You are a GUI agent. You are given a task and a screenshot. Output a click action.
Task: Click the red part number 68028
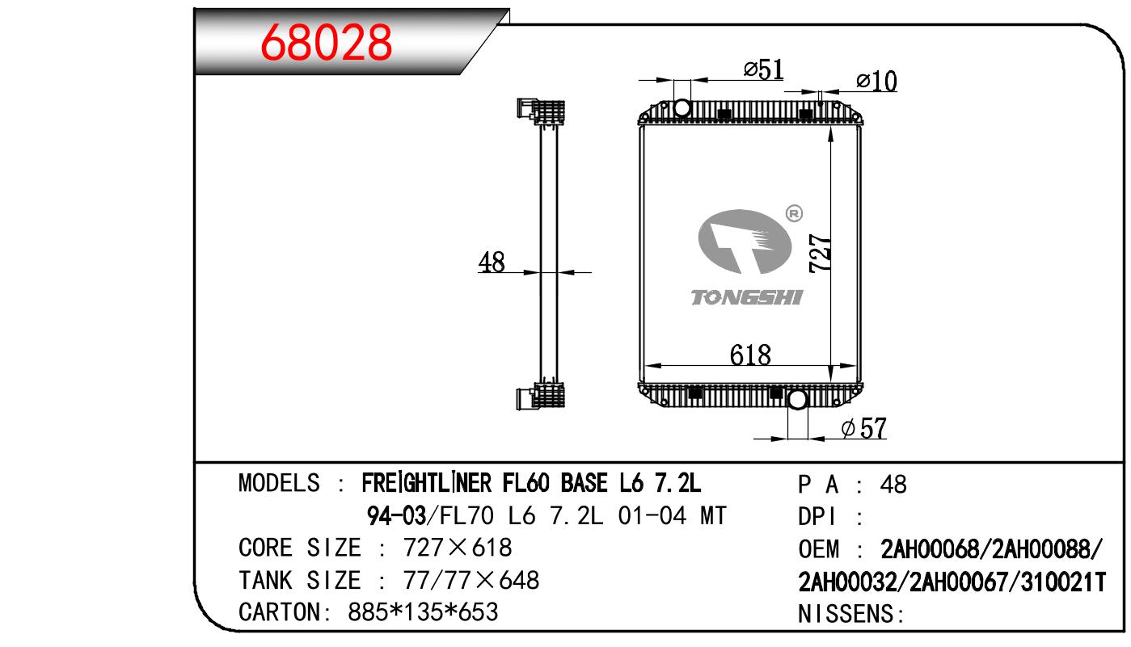(x=326, y=42)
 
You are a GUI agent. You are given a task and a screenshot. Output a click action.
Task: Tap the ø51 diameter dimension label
(x=763, y=69)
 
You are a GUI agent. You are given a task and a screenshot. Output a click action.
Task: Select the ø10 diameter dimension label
(x=876, y=82)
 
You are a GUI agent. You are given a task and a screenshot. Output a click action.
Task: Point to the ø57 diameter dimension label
(x=864, y=429)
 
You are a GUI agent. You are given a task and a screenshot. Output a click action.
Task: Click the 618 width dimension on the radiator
(x=750, y=355)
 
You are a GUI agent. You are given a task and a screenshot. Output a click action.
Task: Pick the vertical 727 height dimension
(x=820, y=253)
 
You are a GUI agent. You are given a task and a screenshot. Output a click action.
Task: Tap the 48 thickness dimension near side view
(x=492, y=263)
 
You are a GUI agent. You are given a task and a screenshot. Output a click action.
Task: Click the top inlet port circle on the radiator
(x=682, y=108)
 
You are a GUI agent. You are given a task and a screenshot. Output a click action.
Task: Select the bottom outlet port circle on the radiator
(x=798, y=400)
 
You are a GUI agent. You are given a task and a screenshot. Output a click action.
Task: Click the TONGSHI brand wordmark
(x=746, y=297)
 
